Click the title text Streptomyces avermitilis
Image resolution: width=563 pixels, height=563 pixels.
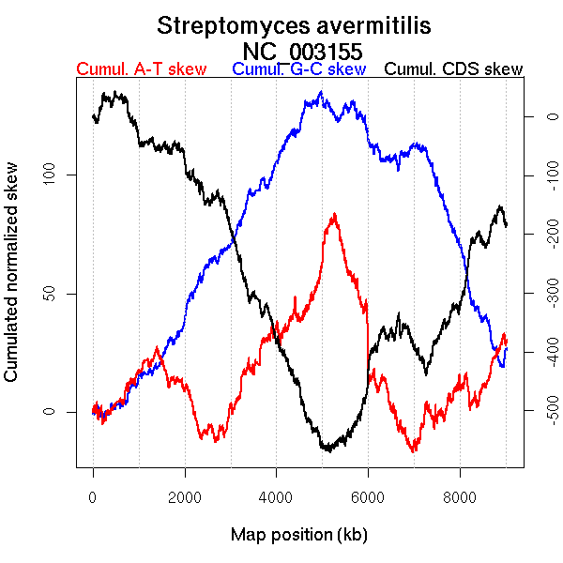point(295,25)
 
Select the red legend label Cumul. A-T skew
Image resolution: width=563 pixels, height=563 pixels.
point(141,69)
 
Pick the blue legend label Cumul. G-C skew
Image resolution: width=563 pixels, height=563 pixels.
point(298,69)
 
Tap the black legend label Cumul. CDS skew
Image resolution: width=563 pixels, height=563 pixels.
point(454,69)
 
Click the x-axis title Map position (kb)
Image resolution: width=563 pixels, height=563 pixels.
point(298,535)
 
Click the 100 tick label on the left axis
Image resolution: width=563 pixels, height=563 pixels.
point(53,175)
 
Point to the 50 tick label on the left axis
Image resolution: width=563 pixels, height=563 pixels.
point(53,294)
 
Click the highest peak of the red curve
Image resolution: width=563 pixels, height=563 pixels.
point(334,214)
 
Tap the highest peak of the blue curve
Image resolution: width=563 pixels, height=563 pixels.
point(321,92)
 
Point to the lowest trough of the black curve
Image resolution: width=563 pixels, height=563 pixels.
point(326,451)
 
